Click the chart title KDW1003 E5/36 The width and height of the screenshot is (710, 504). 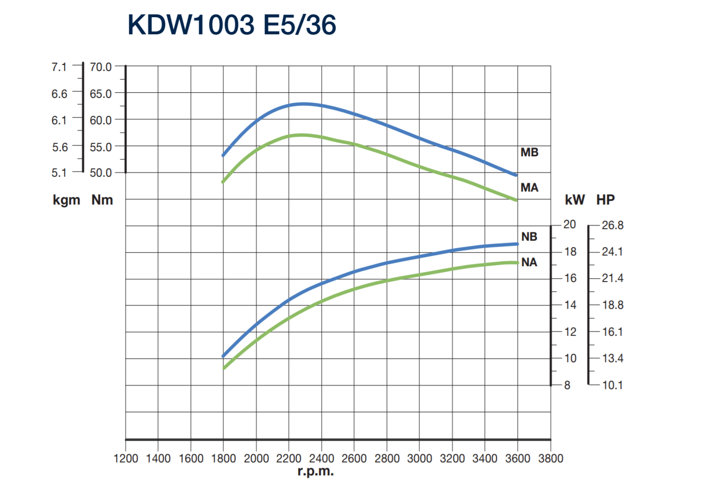pos(232,25)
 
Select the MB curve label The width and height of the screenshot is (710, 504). pos(529,153)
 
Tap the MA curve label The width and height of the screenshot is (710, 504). pos(529,188)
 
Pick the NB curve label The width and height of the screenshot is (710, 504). pos(529,237)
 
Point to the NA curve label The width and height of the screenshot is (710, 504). pos(529,262)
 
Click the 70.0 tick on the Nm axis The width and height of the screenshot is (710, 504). pos(101,67)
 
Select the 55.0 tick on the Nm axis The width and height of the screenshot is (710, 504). pos(101,147)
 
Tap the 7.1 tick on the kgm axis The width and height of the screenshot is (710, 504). pos(59,67)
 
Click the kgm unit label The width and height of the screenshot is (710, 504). pos(66,200)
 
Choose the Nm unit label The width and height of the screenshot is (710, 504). pos(102,200)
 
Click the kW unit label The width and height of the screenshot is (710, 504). pos(575,200)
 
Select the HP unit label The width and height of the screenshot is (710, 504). pos(605,200)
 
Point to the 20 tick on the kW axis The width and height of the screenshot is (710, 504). pos(570,224)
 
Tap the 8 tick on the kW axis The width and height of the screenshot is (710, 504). pos(567,385)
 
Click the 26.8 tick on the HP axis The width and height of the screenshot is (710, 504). pos(612,225)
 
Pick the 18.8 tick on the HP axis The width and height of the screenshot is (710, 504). pos(612,305)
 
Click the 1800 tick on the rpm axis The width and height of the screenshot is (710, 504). pos(223,459)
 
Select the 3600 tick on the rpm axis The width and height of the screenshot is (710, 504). pos(518,459)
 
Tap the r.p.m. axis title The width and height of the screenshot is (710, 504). pos(316,472)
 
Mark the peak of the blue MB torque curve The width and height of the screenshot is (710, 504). pos(304,104)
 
